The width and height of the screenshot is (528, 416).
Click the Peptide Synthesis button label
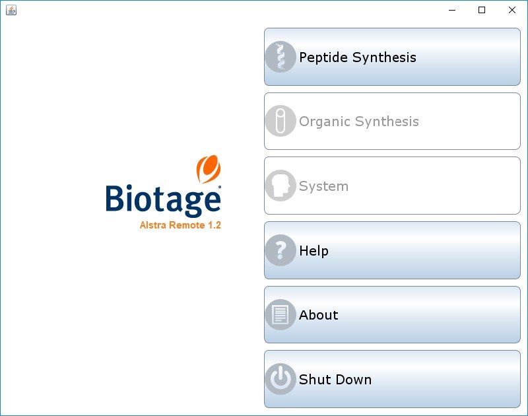(358, 57)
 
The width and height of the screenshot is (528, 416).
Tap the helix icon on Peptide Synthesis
(280, 57)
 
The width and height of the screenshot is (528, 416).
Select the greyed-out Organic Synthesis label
(359, 121)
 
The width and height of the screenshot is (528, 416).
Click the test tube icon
(280, 121)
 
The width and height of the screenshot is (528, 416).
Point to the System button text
(323, 186)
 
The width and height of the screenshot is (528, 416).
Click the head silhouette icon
(280, 186)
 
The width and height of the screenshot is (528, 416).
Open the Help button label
(314, 251)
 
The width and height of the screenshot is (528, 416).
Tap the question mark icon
(280, 250)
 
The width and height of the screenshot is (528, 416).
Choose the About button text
(319, 315)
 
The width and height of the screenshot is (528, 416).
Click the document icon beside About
(280, 314)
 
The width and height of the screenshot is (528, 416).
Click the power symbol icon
(280, 379)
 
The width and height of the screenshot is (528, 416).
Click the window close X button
(512, 10)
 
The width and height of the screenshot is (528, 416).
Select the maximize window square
(482, 10)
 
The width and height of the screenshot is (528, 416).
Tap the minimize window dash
(452, 11)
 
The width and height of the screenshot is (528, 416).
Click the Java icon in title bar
(11, 10)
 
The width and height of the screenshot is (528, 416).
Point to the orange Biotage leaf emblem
(209, 169)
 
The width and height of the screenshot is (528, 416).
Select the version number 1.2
(214, 225)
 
